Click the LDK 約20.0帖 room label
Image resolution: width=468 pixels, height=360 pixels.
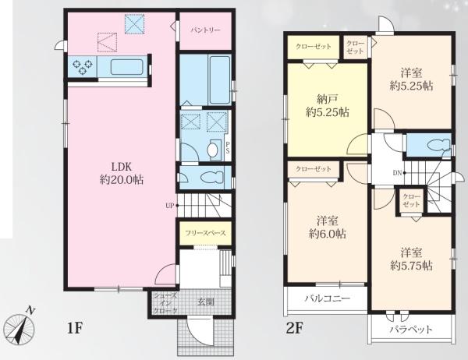pyautogui.click(x=121, y=173)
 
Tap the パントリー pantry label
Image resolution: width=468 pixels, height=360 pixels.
pyautogui.click(x=206, y=30)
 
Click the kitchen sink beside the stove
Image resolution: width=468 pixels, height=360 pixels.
pyautogui.click(x=127, y=66)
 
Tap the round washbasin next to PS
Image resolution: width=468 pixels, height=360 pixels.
pyautogui.click(x=212, y=150)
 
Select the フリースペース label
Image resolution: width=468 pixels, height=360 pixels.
pyautogui.click(x=205, y=233)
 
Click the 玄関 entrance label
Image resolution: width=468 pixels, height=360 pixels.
pyautogui.click(x=206, y=302)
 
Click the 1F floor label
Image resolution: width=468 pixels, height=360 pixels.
pyautogui.click(x=75, y=328)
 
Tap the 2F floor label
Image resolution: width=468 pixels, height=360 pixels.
pyautogui.click(x=295, y=328)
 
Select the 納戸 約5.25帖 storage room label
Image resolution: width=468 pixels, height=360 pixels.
pyautogui.click(x=328, y=105)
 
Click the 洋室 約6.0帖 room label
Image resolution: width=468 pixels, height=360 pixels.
pyautogui.click(x=328, y=228)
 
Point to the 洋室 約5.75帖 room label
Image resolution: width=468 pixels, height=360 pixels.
pyautogui.click(x=412, y=259)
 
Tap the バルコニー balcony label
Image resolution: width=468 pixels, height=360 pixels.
pyautogui.click(x=328, y=298)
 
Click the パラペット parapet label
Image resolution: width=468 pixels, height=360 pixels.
pyautogui.click(x=411, y=330)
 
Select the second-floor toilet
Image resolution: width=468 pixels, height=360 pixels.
pyautogui.click(x=438, y=145)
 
